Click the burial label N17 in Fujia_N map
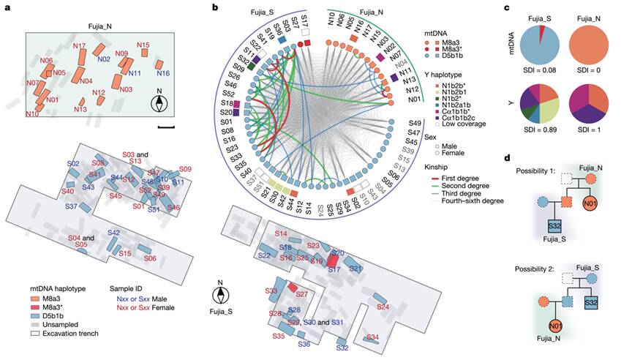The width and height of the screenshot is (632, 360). coord(80,46)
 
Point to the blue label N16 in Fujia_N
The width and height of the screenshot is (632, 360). coord(164,73)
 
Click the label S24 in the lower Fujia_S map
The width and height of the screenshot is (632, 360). coord(383,308)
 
